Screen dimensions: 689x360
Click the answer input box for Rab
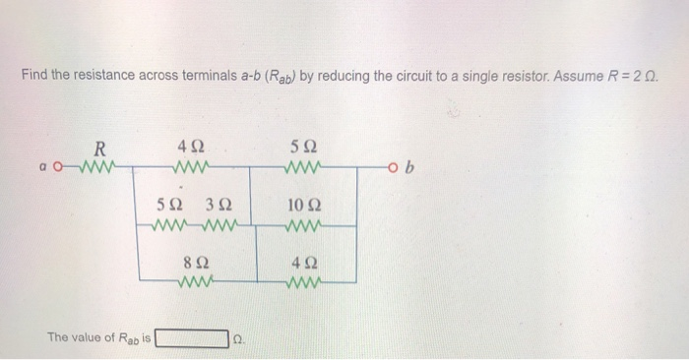coord(191,338)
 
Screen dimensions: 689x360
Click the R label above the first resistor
coord(98,149)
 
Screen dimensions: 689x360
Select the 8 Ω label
coord(196,264)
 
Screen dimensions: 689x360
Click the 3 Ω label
coord(218,207)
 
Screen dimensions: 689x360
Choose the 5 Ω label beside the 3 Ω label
coord(169,207)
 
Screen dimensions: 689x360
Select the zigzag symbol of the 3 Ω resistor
coord(222,225)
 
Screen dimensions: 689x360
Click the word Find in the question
coord(34,75)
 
